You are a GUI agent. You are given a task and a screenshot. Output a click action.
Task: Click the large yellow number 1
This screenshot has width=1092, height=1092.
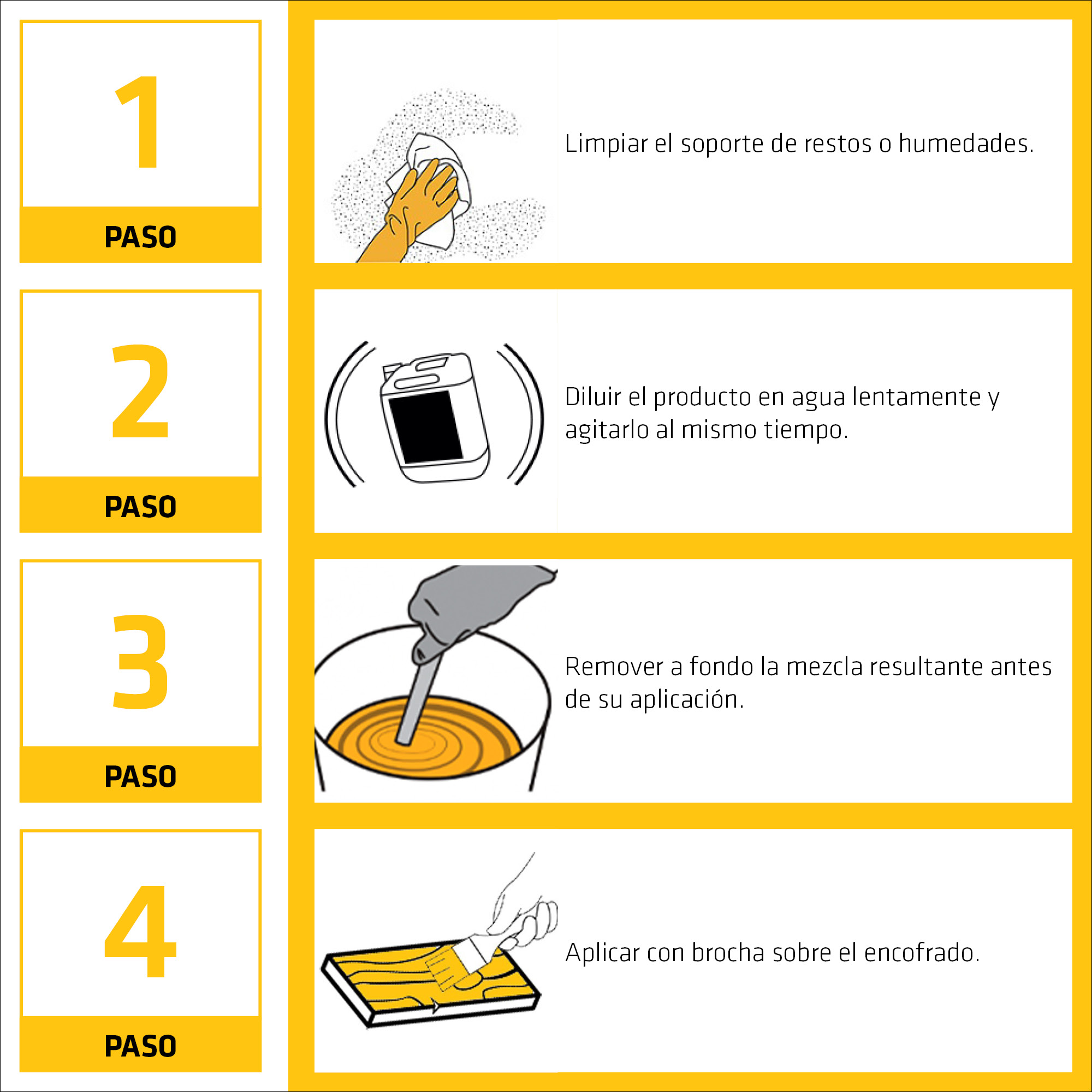(139, 122)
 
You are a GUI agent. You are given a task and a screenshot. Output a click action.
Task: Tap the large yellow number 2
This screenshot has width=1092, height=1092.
(140, 391)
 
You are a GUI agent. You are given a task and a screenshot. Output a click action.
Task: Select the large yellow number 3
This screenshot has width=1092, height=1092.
(140, 661)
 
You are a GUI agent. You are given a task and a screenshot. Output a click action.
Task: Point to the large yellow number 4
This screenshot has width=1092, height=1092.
(141, 931)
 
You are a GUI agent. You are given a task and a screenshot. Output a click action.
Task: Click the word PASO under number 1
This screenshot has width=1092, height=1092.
(141, 238)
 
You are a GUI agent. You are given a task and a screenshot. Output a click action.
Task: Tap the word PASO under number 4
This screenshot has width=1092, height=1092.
(141, 1046)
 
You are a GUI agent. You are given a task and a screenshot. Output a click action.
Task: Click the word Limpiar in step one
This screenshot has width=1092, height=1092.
(606, 144)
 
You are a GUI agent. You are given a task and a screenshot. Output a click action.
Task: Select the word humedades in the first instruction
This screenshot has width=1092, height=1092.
(966, 143)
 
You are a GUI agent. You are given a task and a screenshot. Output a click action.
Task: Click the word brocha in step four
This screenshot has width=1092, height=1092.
(728, 952)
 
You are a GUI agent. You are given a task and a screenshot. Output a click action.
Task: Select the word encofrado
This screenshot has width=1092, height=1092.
(922, 952)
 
